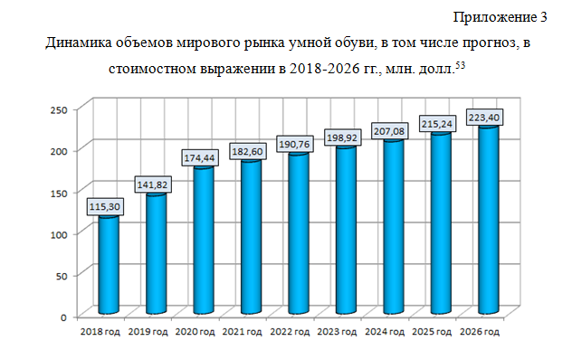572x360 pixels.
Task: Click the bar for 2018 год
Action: tap(109, 264)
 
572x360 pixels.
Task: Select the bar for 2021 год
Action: tap(251, 236)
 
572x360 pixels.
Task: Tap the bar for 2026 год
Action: tap(489, 219)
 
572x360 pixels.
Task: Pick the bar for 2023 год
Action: tap(346, 230)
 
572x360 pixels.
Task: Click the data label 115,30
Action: tap(105, 207)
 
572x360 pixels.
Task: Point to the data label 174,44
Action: tap(199, 158)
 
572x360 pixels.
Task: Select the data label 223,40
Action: tap(484, 118)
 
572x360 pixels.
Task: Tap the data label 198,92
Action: tap(342, 137)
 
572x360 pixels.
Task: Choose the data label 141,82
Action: tap(152, 185)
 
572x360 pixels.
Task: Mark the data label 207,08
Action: tap(389, 131)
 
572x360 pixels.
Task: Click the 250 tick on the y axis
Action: tap(59, 109)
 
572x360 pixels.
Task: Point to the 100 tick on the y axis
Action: tap(59, 234)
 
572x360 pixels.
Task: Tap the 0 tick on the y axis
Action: tap(64, 317)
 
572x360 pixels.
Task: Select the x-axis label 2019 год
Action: tap(148, 332)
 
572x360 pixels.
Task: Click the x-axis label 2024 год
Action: tap(385, 332)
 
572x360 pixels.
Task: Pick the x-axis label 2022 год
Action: tap(290, 332)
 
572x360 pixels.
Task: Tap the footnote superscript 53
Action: tap(461, 65)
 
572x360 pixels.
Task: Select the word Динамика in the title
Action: tap(78, 43)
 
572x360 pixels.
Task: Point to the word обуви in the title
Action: tap(353, 43)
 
